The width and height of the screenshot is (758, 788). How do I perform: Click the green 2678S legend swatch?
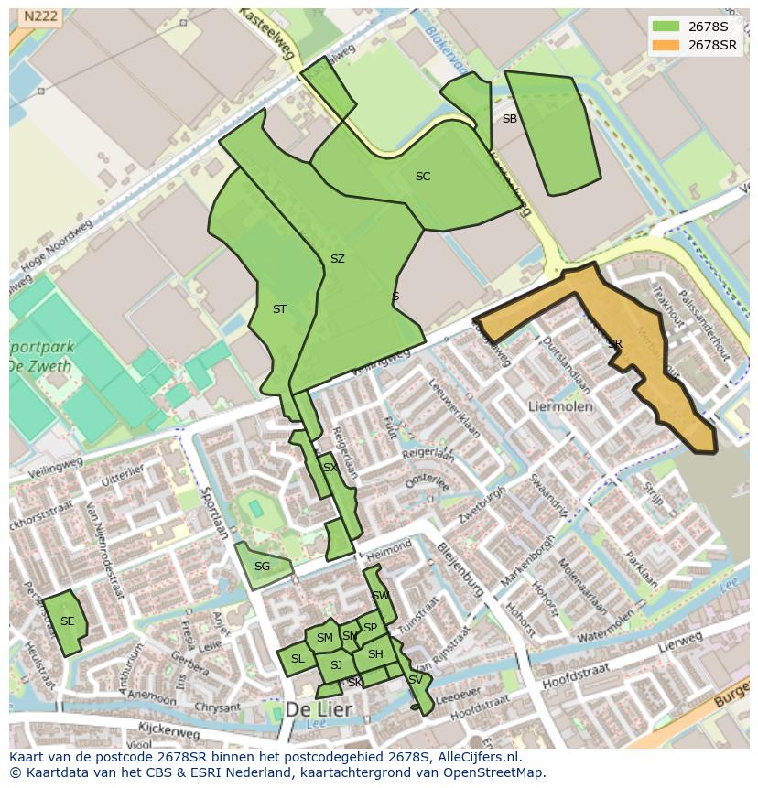tap(666, 26)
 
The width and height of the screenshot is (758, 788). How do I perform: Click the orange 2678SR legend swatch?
tap(666, 45)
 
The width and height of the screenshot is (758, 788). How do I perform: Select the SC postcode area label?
tap(422, 177)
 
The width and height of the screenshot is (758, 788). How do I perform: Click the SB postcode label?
tap(509, 119)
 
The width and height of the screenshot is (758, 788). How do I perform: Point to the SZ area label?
tap(337, 259)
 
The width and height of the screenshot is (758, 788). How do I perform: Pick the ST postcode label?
tap(279, 309)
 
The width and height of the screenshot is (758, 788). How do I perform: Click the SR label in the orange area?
tap(614, 344)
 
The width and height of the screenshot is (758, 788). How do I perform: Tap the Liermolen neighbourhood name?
tap(560, 405)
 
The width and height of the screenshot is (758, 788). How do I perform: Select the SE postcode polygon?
tap(65, 622)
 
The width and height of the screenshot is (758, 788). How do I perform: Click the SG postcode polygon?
tap(263, 566)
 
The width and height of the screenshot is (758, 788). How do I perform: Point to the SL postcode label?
tap(298, 659)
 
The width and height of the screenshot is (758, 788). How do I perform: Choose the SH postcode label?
tap(375, 654)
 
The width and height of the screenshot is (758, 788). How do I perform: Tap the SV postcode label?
tap(416, 680)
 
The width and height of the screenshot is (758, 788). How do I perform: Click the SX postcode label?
tap(330, 468)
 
